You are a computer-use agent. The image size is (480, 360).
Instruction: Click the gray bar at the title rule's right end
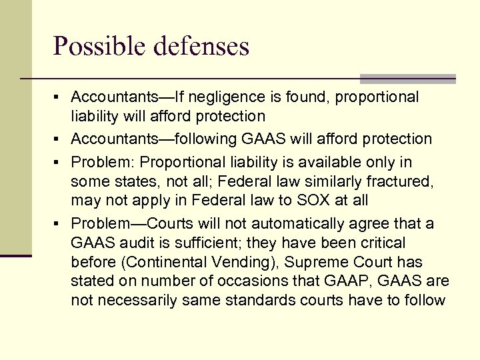pos(407,79)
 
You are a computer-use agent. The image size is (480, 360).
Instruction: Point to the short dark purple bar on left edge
pos(16,255)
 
